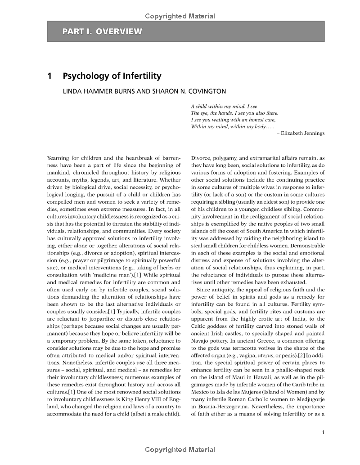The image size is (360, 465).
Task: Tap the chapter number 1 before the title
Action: [49, 76]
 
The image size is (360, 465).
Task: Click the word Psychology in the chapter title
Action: [84, 76]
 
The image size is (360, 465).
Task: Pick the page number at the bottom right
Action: [323, 433]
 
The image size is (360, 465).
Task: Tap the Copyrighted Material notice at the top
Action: [180, 16]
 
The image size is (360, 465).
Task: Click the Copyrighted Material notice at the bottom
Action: [180, 450]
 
